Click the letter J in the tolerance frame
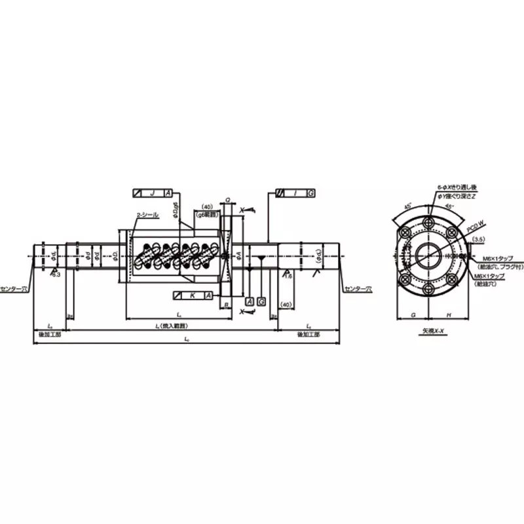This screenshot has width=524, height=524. (x=152, y=193)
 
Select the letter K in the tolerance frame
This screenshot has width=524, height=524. (x=192, y=296)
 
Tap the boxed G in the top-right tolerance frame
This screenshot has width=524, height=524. (x=310, y=193)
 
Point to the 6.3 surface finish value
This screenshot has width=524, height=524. (x=56, y=276)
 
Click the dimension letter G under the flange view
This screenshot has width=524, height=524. (x=413, y=314)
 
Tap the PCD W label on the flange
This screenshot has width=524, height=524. (x=475, y=226)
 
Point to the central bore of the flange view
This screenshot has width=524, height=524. (x=429, y=255)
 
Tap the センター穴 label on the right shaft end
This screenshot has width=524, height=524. (x=358, y=288)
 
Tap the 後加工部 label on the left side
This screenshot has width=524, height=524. (x=50, y=334)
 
